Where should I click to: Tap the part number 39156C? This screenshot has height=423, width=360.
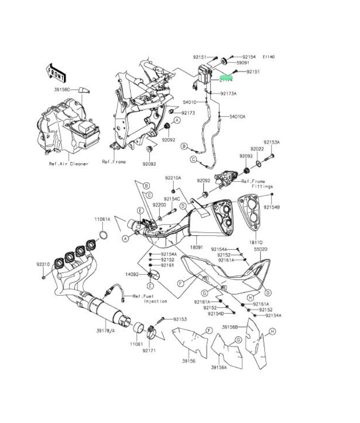[62, 90]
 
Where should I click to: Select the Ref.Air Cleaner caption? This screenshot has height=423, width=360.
[69, 164]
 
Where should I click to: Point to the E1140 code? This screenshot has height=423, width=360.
[269, 57]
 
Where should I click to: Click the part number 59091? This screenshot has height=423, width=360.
[243, 62]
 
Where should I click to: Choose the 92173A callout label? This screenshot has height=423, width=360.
[228, 93]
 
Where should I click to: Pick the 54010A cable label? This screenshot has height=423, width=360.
[238, 117]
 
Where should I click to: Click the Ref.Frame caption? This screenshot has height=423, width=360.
[114, 162]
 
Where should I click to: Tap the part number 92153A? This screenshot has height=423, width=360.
[271, 142]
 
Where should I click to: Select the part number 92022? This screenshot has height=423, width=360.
[257, 149]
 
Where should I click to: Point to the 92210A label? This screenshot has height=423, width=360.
[173, 178]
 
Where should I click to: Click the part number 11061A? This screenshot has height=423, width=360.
[103, 219]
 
